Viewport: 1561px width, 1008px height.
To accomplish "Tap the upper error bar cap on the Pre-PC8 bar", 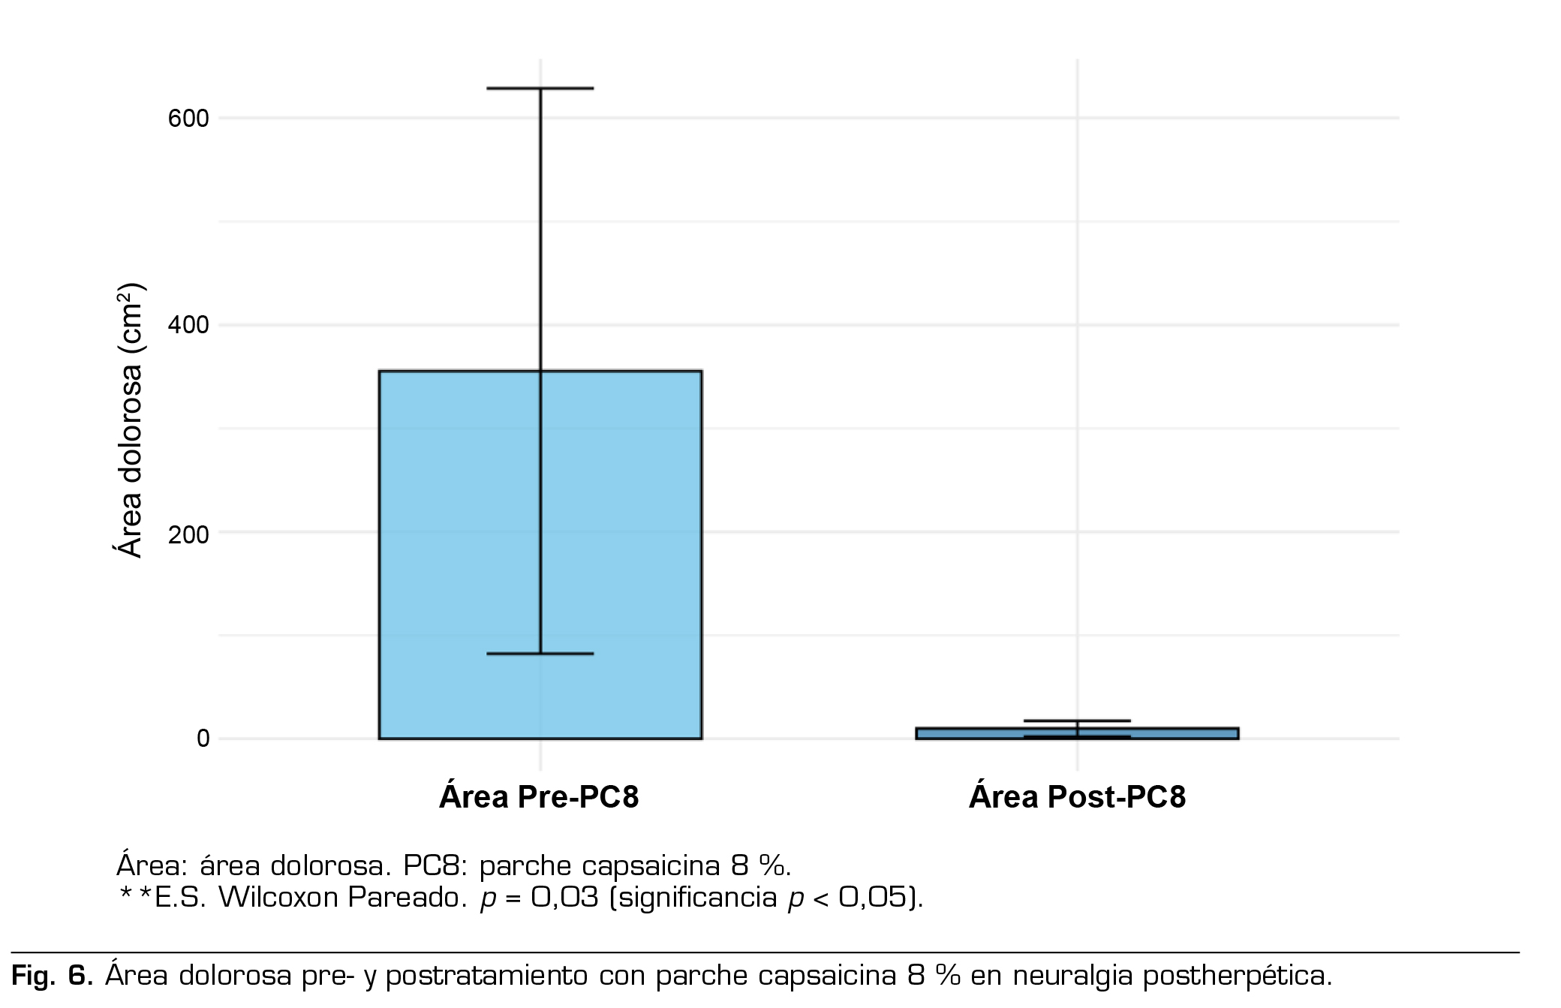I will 540,89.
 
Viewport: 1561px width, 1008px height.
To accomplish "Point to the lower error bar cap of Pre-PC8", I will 540,654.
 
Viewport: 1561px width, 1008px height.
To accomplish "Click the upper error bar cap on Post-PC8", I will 1077,721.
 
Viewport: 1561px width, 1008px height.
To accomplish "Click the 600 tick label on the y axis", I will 188,119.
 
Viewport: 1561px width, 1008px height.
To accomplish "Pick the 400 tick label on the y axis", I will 188,326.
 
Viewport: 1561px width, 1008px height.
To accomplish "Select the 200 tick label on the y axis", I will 188,534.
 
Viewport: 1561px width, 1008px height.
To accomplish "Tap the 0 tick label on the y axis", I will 203,739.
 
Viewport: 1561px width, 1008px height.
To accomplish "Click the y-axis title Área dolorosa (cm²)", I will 129,420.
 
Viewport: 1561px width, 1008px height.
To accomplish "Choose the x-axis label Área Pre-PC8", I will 539,797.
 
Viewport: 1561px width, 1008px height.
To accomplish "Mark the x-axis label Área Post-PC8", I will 1077,797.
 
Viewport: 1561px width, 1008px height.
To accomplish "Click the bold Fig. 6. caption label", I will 52,976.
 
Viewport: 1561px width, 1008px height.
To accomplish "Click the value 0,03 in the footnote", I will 564,898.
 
